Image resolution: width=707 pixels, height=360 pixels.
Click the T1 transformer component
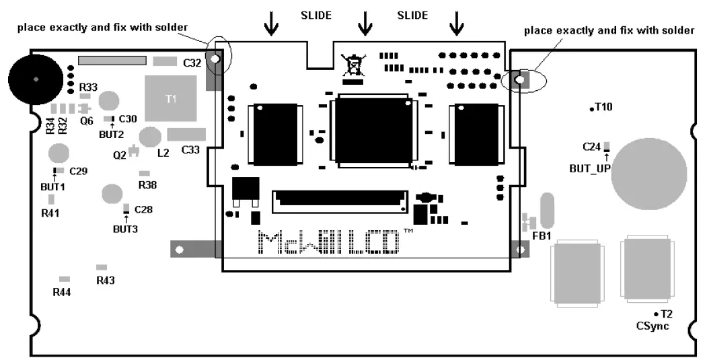click(171, 98)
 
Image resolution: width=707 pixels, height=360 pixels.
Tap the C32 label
click(192, 63)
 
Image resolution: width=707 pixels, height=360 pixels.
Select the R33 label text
click(88, 87)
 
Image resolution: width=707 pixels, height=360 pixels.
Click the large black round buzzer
click(36, 79)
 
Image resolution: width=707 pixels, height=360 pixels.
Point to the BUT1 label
click(54, 186)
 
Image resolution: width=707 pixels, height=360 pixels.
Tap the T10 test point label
click(603, 107)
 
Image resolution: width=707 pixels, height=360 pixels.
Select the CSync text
click(652, 326)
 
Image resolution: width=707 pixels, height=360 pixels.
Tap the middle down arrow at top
click(365, 24)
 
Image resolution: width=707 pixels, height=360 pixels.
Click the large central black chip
click(372, 129)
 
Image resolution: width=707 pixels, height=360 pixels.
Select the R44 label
click(62, 292)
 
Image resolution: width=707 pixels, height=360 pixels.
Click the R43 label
click(106, 280)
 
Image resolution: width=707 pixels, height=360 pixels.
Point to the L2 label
click(163, 153)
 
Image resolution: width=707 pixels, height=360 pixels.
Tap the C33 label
click(190, 149)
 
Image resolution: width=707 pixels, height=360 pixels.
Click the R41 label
click(50, 213)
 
